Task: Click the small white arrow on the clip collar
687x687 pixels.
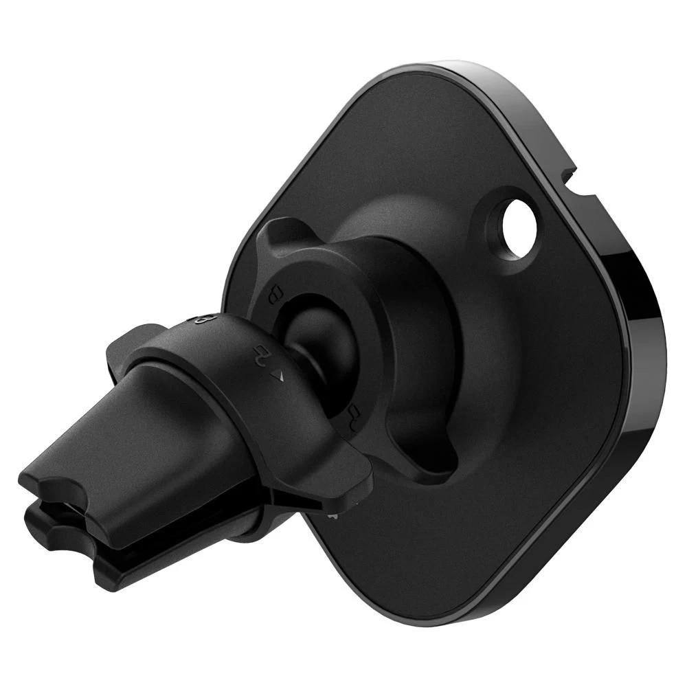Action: point(278,376)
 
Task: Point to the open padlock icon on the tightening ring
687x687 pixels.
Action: point(354,413)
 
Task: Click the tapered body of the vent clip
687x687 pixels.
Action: point(137,447)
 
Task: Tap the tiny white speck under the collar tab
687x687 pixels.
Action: point(332,515)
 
